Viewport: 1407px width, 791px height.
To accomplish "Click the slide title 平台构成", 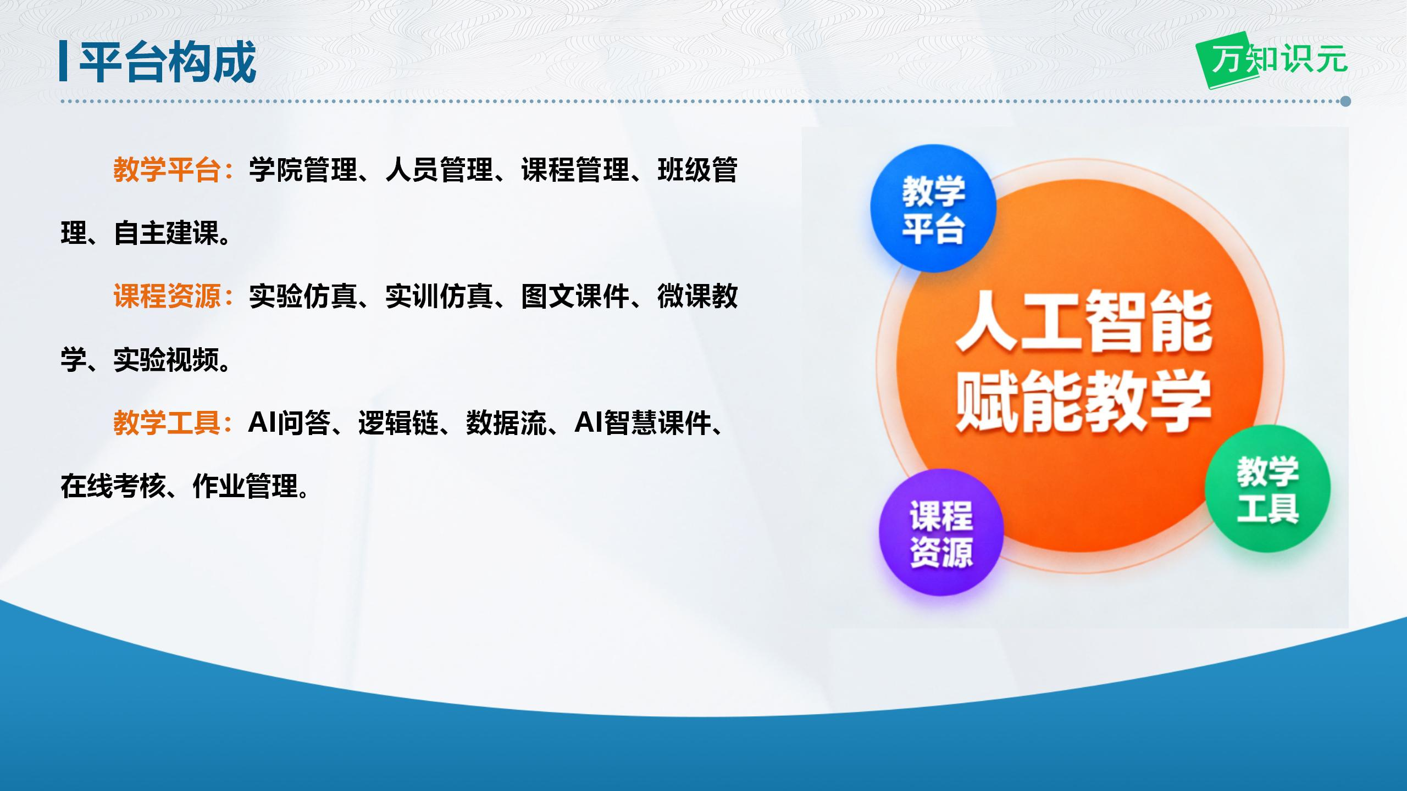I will (x=168, y=62).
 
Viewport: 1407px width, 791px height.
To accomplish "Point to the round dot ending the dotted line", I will (x=1345, y=101).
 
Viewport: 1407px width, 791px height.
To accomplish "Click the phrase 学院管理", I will (x=303, y=170).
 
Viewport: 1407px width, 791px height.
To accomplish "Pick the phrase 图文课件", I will (x=575, y=297).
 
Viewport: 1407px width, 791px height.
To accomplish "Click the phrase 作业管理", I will (x=245, y=486).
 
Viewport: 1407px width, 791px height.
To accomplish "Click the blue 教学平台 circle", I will (x=933, y=209).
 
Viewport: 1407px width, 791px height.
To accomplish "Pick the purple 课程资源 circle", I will (x=941, y=533).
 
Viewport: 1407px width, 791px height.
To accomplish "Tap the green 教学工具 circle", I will (x=1267, y=489).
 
